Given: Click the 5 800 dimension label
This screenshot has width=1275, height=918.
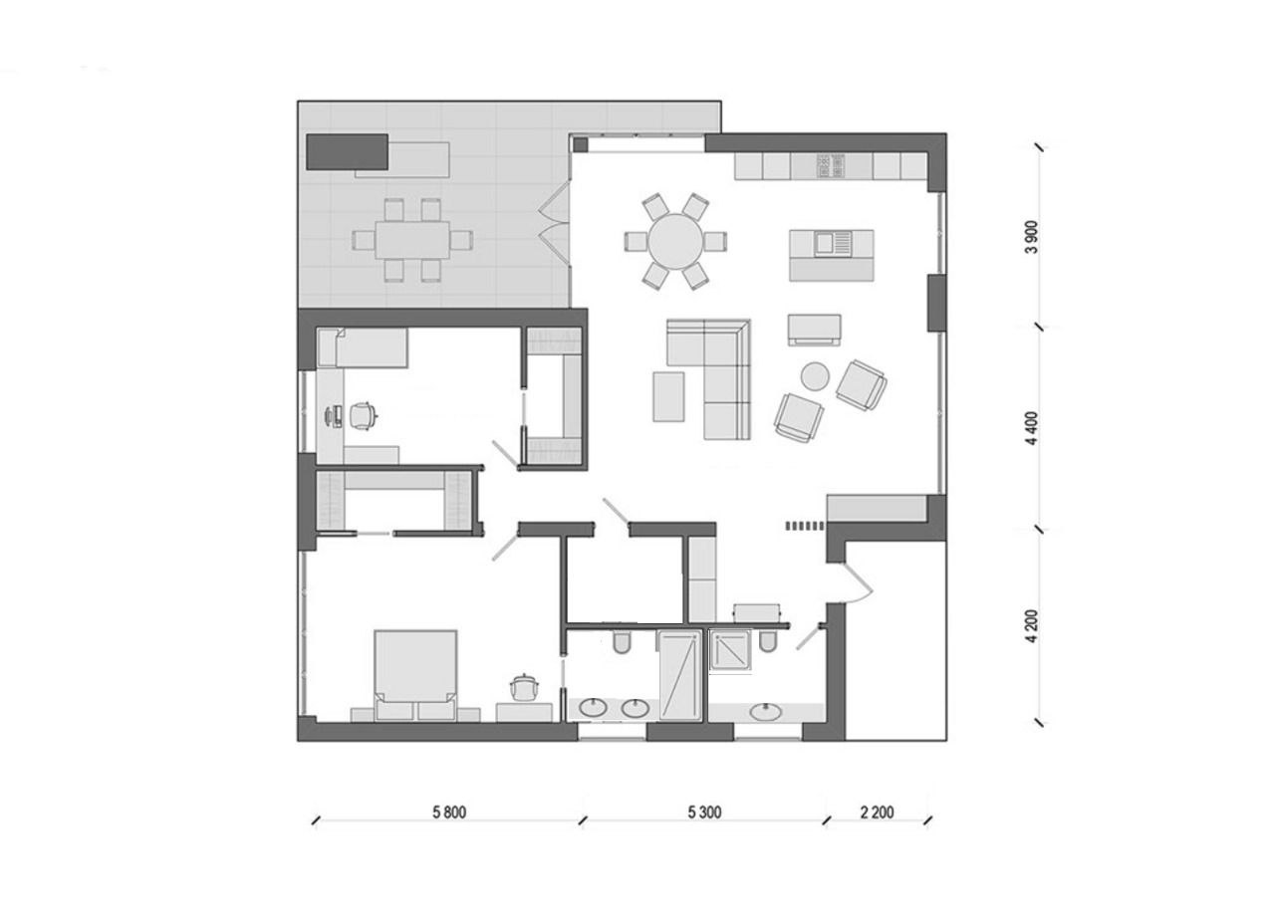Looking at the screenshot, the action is point(449,812).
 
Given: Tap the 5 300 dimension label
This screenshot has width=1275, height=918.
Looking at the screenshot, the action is point(704,812).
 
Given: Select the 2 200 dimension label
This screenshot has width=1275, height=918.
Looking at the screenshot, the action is point(878,812).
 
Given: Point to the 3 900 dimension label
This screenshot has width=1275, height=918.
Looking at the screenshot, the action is point(1031,237).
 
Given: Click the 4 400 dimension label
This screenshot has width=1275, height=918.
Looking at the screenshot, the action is point(1031,428).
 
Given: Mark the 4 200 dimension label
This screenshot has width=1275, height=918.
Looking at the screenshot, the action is point(1031,627).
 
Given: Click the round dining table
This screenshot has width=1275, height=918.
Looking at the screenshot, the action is point(675,241).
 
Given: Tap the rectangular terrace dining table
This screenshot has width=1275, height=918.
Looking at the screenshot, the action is point(412,240).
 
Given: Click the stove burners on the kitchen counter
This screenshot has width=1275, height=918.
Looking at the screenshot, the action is point(831,166).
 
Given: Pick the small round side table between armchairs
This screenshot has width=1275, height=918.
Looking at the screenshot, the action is point(815,376).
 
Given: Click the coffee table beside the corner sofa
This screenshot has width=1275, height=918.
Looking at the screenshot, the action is point(668,396).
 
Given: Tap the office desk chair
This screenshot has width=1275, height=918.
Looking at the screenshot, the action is point(363,415).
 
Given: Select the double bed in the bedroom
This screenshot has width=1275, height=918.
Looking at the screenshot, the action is point(415,675).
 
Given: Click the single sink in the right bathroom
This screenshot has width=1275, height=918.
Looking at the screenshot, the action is point(765,711).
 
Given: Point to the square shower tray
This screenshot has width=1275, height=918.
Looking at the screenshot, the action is point(731,649).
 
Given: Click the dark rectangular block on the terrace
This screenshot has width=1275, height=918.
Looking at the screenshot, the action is point(348,152).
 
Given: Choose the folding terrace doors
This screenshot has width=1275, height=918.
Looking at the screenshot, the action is point(555,221).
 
